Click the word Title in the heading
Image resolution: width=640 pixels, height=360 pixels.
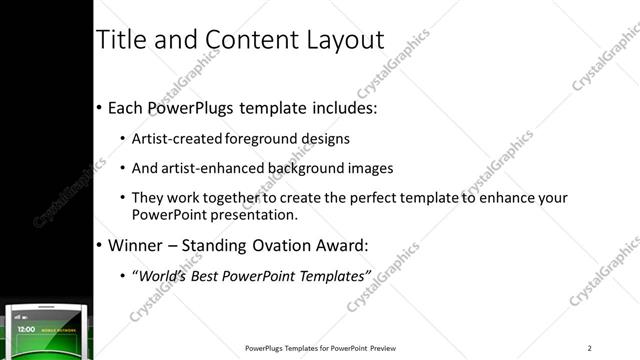point(118,40)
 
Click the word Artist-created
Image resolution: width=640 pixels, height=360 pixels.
point(178,138)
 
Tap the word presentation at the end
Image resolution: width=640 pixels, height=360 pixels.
point(248,215)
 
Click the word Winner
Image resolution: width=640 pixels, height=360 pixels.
point(135,246)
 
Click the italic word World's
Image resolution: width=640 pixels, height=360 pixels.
point(162,275)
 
